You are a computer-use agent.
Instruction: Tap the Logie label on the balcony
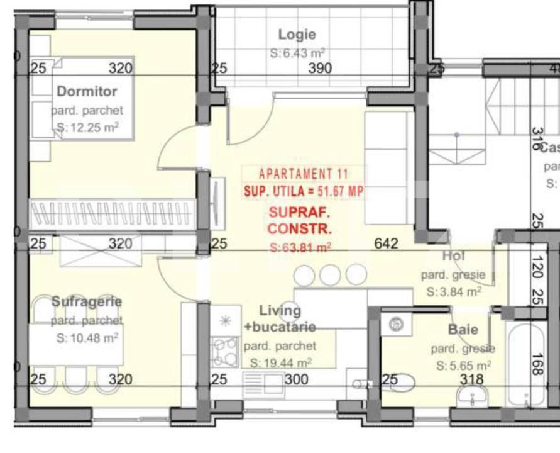pos(297,35)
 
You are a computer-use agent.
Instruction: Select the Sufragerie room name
pos(87,301)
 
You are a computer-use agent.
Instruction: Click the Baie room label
pos(463,329)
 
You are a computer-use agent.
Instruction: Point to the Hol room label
pos(453,256)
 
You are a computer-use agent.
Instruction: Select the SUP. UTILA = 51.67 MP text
pos(303,192)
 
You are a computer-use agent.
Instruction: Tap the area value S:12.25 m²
pos(85,128)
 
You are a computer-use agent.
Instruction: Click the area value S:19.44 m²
pos(280,363)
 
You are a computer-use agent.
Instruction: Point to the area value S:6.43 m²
pos(298,54)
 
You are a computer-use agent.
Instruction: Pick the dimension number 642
pos(386,243)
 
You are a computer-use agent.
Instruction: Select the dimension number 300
pos(296,379)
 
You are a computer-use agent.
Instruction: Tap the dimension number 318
pos(471,379)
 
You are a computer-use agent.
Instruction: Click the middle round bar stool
pos(330,274)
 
